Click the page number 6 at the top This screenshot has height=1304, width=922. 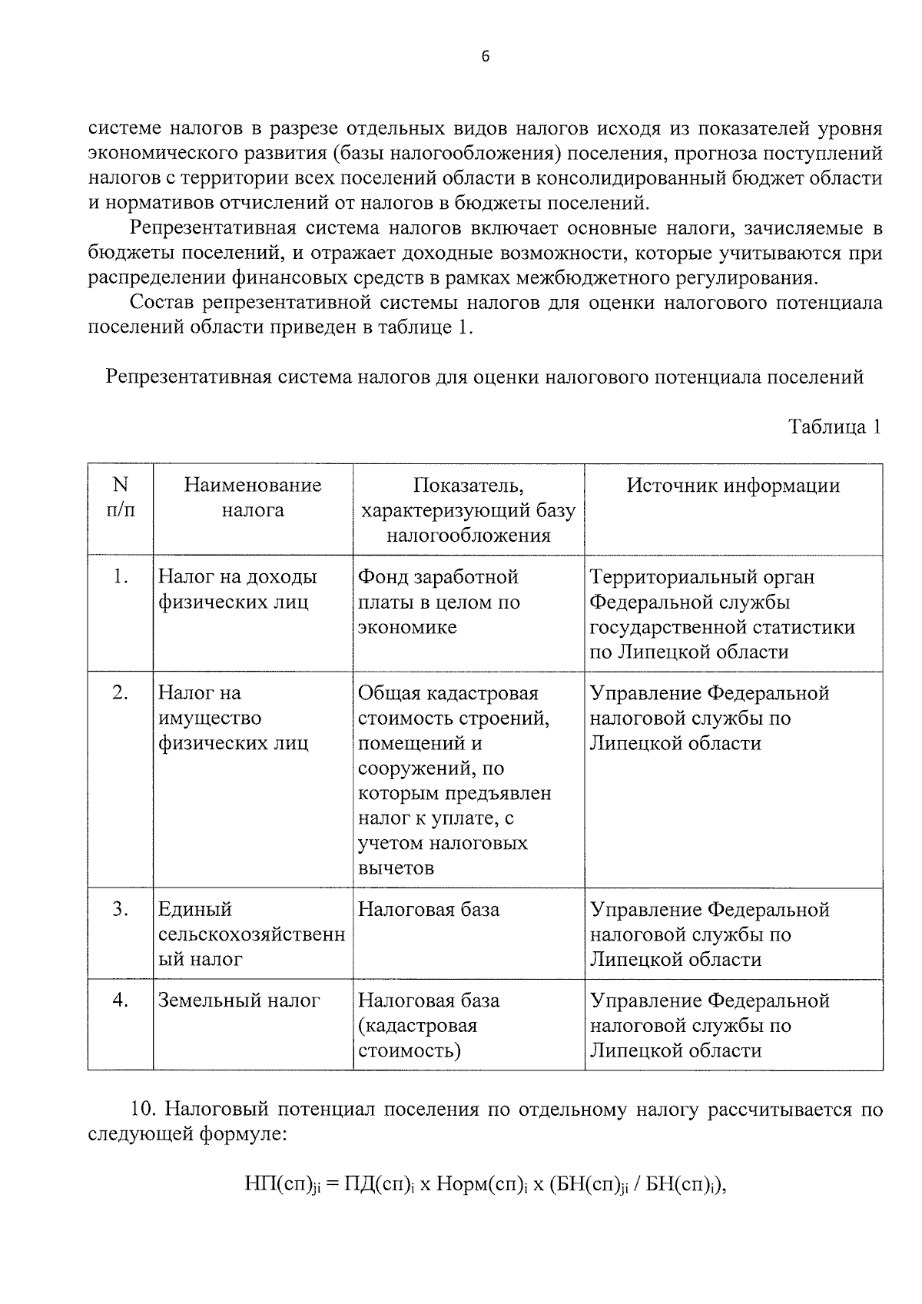click(485, 56)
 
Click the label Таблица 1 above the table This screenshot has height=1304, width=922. click(834, 427)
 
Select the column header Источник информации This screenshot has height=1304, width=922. click(733, 486)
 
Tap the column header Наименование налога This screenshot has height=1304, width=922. click(253, 498)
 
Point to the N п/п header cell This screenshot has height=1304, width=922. click(121, 497)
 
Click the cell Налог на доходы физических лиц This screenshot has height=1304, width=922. click(237, 589)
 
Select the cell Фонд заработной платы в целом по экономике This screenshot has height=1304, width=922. click(439, 602)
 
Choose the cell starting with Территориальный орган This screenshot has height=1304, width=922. click(721, 614)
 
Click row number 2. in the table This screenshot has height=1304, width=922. click(121, 693)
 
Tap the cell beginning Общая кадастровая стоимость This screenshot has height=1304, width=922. click(454, 780)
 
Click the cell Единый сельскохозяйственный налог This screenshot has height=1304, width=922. click(251, 934)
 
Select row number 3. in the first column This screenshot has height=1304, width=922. click(121, 909)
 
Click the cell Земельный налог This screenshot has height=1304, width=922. click(239, 1000)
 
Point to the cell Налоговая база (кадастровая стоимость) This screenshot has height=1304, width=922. click(429, 1025)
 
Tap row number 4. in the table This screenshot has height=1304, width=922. click(121, 1000)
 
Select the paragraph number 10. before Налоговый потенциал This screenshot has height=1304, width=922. click(144, 1110)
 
